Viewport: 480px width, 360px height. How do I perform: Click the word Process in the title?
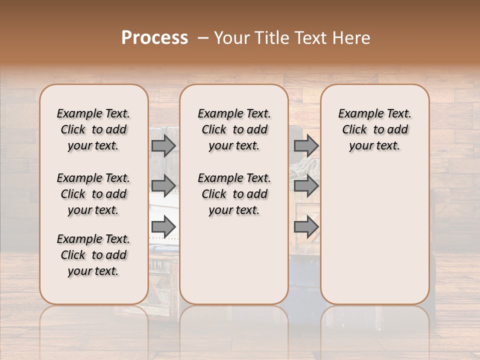[x=154, y=38]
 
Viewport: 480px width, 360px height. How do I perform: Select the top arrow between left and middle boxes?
[x=163, y=145]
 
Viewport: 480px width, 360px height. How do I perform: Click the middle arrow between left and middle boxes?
[x=163, y=186]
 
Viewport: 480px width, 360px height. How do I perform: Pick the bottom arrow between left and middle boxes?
[x=163, y=227]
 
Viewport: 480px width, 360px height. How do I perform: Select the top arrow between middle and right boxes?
[x=306, y=145]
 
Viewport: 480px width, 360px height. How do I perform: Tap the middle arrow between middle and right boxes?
[x=306, y=186]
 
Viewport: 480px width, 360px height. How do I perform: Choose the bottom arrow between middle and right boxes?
[x=306, y=227]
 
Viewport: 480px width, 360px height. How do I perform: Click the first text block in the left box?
[x=93, y=129]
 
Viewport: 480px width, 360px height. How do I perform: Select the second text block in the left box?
[x=93, y=194]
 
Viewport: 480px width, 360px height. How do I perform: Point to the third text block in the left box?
[x=93, y=255]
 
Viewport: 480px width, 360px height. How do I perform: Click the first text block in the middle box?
[x=234, y=129]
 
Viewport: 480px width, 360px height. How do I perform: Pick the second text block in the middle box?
[x=234, y=194]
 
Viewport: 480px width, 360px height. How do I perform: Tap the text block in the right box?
[x=374, y=129]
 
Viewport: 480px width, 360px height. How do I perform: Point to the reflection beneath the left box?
[x=93, y=325]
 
